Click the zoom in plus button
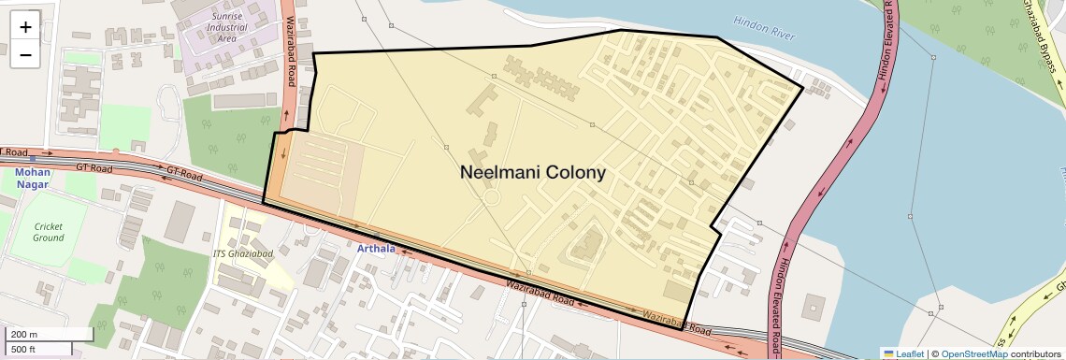25,27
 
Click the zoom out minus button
25,54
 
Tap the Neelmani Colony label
533,173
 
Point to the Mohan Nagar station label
33,178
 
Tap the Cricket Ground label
49,232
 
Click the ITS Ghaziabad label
246,254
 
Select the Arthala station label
377,248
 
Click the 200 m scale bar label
24,335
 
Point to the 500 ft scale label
24,350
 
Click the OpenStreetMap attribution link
973,353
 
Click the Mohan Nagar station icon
33,159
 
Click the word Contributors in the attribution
1036,353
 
